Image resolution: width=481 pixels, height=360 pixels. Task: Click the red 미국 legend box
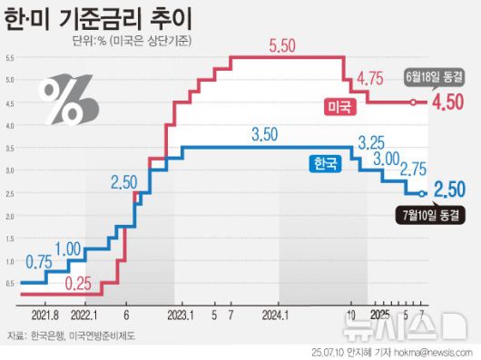pos(339,108)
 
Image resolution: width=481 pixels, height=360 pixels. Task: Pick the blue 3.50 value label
pos(265,135)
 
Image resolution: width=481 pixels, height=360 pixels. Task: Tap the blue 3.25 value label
pos(375,142)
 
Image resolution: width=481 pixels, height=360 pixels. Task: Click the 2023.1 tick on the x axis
pos(178,317)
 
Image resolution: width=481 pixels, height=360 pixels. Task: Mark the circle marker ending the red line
pos(413,102)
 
